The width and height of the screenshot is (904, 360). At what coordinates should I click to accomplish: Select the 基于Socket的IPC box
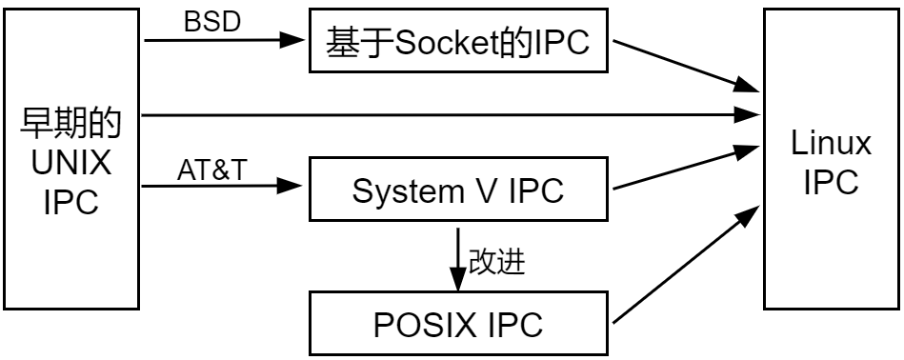458,41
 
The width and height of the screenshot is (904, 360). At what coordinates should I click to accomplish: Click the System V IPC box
458,190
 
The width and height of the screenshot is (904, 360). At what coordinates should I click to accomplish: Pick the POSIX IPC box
458,324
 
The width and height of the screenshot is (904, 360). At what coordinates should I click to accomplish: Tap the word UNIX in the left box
70,163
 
